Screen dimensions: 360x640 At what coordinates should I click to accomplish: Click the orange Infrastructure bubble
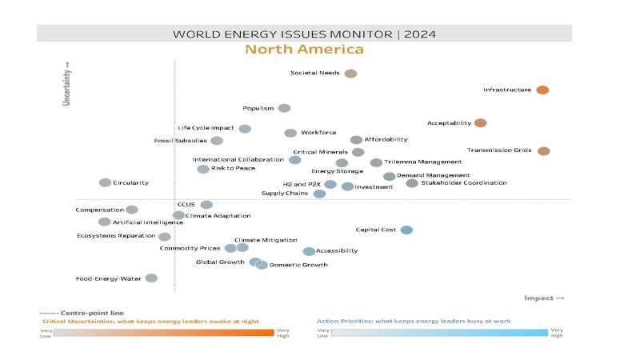click(x=542, y=90)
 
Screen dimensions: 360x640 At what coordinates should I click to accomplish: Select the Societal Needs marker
click(x=350, y=74)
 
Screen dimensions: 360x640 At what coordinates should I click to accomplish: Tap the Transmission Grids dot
click(x=544, y=150)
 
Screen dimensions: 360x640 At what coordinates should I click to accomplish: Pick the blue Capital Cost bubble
click(x=406, y=230)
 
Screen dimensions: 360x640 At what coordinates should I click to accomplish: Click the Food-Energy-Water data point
click(x=151, y=278)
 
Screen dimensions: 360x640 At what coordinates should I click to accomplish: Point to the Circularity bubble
click(x=105, y=182)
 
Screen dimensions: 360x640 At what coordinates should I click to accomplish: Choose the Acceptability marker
click(x=480, y=123)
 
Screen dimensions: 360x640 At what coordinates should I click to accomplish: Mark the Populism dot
click(x=284, y=109)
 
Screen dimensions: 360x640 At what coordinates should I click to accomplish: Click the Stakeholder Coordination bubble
click(x=412, y=183)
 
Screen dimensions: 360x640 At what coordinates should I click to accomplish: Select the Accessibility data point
click(x=309, y=251)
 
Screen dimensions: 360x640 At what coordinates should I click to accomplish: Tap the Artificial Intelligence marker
click(x=104, y=222)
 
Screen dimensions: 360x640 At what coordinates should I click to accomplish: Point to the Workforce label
click(x=318, y=133)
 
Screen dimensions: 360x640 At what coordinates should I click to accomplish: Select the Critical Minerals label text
click(x=320, y=152)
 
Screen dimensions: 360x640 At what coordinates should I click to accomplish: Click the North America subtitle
click(x=304, y=50)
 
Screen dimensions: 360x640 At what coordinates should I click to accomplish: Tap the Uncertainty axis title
click(x=67, y=84)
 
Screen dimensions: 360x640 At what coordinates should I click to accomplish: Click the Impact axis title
click(x=544, y=298)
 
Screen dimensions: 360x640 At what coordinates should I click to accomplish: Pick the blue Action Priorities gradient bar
click(x=439, y=332)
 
